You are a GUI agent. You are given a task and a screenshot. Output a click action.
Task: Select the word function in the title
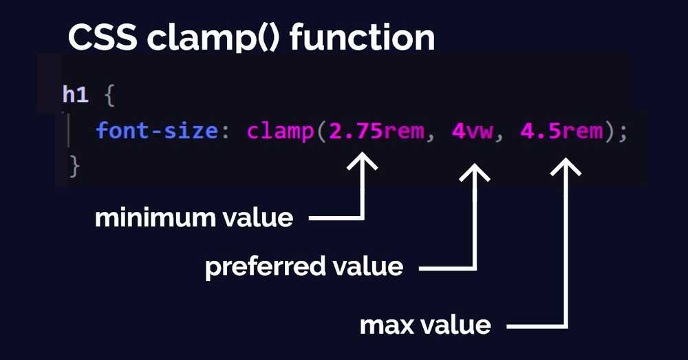(362, 39)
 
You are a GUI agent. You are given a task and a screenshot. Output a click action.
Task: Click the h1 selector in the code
(76, 95)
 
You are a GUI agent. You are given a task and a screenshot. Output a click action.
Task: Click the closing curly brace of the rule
(75, 166)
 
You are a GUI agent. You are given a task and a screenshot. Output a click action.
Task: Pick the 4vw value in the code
(473, 131)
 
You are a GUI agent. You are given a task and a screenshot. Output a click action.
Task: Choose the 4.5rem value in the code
(561, 131)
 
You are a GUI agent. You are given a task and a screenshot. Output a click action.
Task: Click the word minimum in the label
(153, 218)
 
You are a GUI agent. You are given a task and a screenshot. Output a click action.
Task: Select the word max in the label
(385, 324)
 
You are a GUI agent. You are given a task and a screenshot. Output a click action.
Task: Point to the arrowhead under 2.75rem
(363, 165)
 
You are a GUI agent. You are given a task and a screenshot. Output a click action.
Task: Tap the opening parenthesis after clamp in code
(321, 131)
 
